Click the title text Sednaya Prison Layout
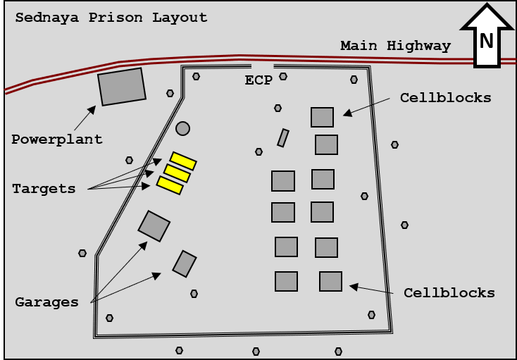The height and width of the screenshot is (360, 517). coord(111,18)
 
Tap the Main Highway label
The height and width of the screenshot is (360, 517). coord(395,46)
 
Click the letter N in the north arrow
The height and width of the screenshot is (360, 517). coord(486,41)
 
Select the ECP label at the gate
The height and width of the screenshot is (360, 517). coord(258,80)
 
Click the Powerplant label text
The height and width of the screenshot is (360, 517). coord(56,139)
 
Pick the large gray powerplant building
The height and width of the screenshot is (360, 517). coord(122,86)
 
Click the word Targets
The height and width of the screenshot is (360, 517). coord(44,188)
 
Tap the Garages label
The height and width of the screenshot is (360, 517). coord(46,302)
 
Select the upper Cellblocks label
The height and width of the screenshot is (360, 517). coord(445,97)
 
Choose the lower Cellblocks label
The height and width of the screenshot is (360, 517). coord(449,292)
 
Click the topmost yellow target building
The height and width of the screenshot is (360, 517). coord(183,161)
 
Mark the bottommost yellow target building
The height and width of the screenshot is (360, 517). coord(170,185)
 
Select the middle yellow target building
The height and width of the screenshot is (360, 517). coord(177,173)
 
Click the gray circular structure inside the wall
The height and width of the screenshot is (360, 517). coord(182,128)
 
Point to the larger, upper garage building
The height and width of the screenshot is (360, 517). coord(154,225)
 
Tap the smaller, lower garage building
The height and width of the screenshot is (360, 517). coord(185,263)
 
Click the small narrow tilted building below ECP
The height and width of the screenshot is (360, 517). coord(283,137)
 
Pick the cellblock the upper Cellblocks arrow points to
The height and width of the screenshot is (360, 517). coord(322,117)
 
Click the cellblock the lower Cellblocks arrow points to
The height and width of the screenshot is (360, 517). coord(330,281)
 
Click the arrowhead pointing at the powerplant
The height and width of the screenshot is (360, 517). coord(92,109)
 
